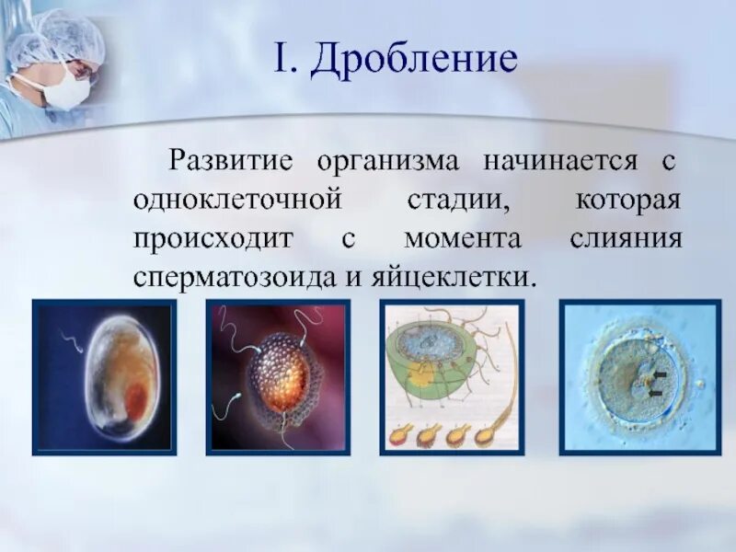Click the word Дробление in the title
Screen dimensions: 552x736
point(414,62)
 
